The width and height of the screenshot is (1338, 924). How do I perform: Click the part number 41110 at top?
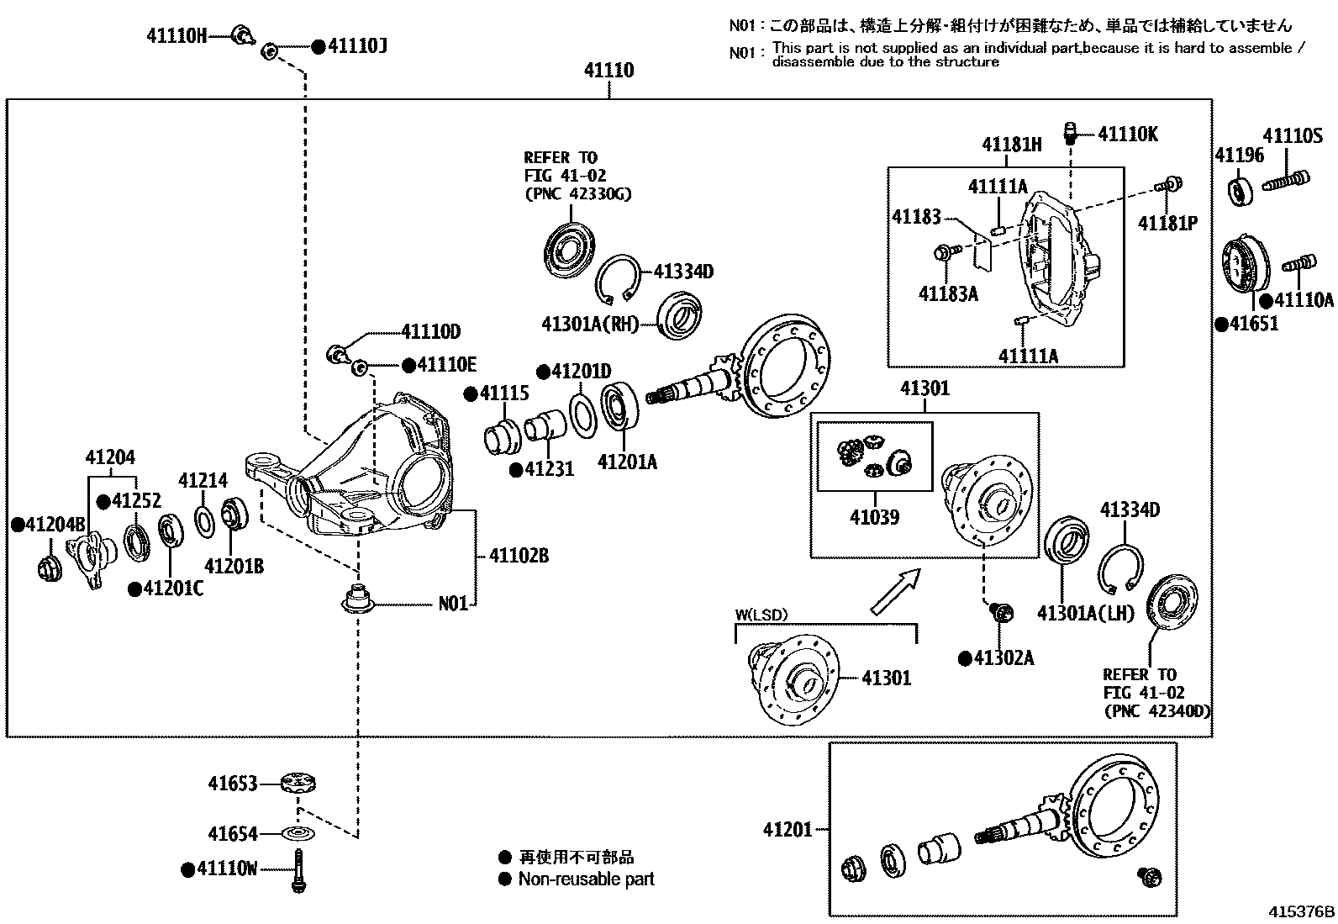(609, 71)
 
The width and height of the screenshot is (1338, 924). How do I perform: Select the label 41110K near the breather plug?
(1128, 135)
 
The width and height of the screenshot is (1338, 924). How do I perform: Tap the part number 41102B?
(519, 556)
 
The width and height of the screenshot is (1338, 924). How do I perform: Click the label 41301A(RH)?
(590, 325)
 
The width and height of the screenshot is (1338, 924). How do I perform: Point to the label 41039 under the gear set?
(874, 517)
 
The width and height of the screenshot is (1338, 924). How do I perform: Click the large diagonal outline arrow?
(894, 592)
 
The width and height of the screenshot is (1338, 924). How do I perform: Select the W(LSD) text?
(761, 615)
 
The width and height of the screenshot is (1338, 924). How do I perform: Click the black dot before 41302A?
(965, 658)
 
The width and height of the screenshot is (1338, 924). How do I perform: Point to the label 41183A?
(948, 294)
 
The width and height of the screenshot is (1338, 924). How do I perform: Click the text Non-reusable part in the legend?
(586, 879)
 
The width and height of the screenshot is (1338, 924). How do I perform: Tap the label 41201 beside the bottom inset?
(788, 830)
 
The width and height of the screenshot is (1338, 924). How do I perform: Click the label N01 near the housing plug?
(453, 604)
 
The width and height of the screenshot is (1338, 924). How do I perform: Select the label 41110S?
(1293, 135)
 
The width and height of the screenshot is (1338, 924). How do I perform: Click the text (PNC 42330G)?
(577, 194)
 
